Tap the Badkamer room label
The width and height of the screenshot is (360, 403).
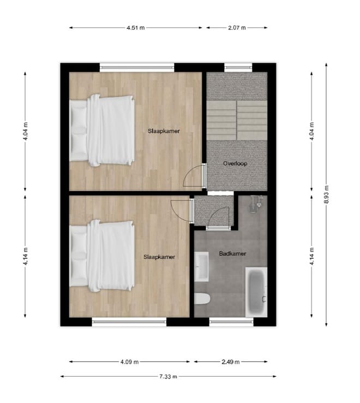(232, 253)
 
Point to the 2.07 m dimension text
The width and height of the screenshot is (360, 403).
(236, 27)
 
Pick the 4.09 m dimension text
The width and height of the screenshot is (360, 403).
(130, 361)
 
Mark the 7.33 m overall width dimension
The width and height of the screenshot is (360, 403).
(168, 376)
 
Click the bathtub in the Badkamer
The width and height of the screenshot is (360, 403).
(256, 291)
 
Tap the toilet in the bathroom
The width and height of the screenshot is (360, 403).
(202, 299)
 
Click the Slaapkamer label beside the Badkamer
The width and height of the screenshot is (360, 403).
(159, 257)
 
